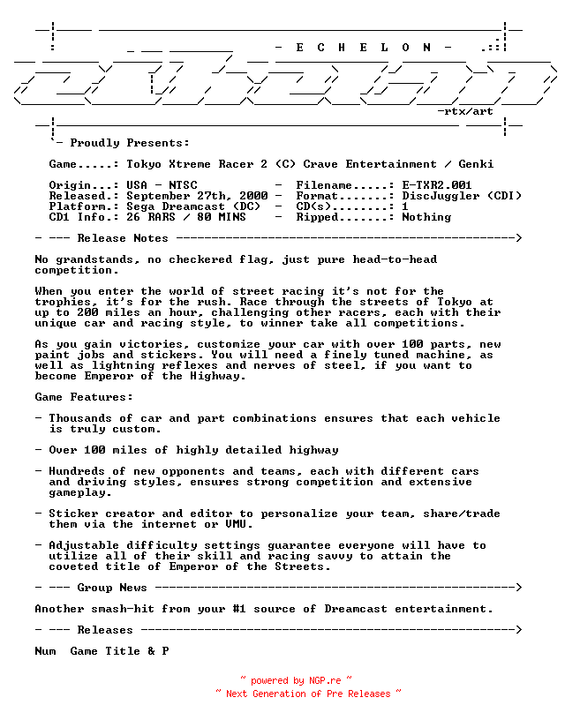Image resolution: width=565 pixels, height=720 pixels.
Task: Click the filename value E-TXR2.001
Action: coord(437,185)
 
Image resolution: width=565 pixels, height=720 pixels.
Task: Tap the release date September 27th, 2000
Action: coord(197,196)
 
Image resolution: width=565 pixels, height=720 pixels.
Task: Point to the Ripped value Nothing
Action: coord(426,217)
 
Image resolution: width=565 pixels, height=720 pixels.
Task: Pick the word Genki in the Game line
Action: coord(476,164)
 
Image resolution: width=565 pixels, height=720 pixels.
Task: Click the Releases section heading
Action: coord(105,630)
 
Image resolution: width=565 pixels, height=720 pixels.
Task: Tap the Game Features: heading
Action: coord(84,397)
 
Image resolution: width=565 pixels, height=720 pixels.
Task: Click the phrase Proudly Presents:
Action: coord(130,143)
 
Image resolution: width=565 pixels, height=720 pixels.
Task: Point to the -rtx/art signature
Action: coord(465,111)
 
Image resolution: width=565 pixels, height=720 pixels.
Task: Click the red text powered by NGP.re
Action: coord(296,680)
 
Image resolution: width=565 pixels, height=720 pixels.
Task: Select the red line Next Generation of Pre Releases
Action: coord(308,694)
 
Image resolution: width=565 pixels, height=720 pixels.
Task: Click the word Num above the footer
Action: coord(45,651)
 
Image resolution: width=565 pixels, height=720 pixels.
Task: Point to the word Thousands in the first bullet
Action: coord(80,418)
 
